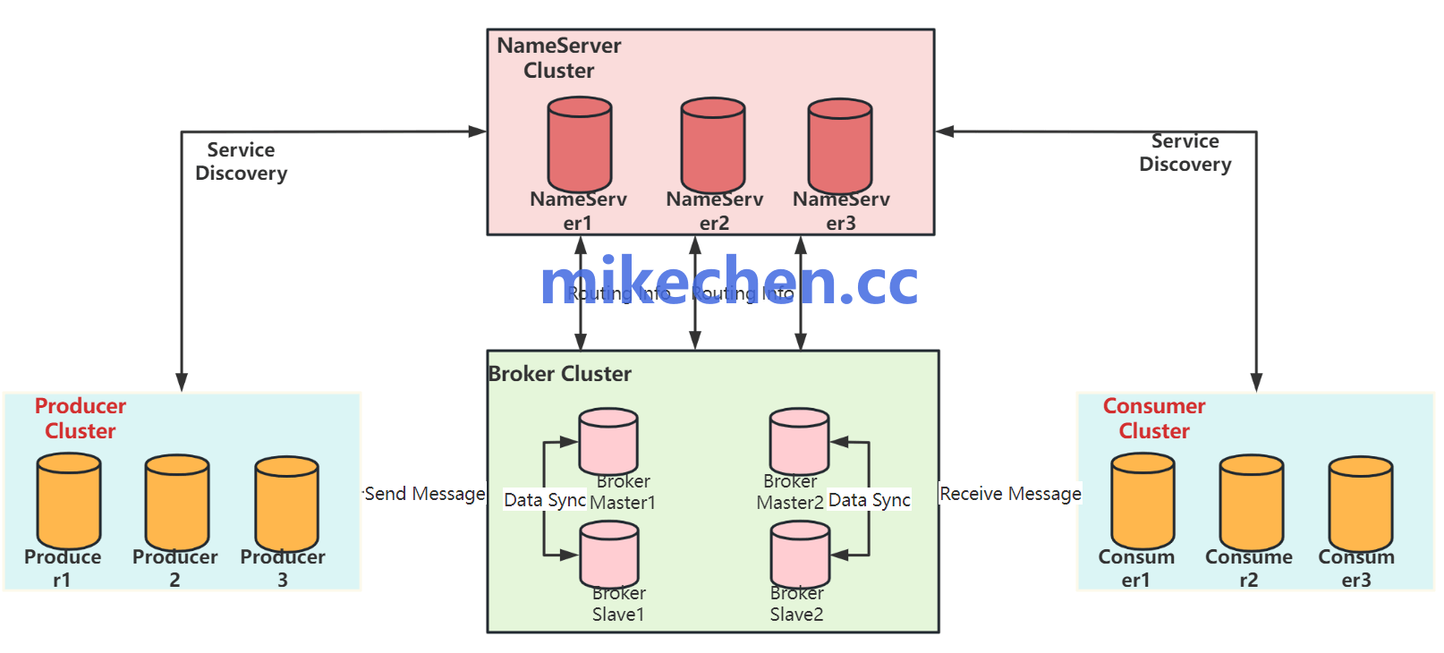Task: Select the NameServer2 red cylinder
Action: (713, 145)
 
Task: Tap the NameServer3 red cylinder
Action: (840, 145)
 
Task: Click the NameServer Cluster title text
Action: (559, 58)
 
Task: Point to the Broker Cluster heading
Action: (560, 374)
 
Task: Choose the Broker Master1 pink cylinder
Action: (608, 441)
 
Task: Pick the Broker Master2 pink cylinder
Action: (799, 441)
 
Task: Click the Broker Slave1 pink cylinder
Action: (609, 555)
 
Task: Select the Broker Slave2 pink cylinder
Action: (800, 555)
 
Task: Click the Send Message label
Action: (425, 494)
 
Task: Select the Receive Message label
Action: (1010, 494)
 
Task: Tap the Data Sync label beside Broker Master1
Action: (544, 500)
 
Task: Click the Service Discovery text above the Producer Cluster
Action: (242, 162)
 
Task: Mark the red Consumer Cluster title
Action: (1154, 418)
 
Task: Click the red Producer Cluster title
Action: (81, 418)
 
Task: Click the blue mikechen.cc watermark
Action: (729, 281)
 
